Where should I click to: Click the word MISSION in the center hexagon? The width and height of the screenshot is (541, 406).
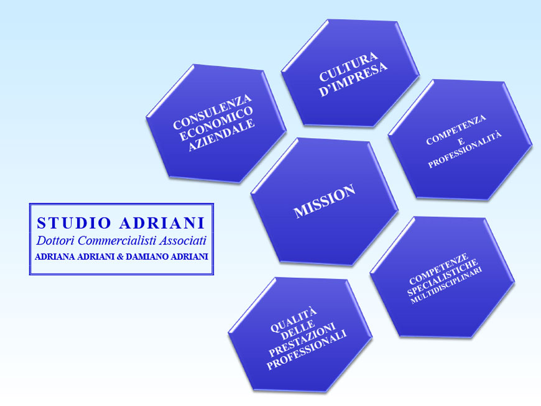point(325,201)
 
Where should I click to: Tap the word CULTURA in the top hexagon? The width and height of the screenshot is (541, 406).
point(348,67)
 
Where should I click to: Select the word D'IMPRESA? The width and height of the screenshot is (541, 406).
point(353,80)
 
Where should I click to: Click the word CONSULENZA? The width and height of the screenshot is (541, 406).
point(212,111)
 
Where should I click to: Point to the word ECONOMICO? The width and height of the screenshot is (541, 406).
point(216,123)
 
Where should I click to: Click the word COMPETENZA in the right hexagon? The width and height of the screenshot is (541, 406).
point(456,129)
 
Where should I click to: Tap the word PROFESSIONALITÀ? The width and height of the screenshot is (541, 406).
point(465,149)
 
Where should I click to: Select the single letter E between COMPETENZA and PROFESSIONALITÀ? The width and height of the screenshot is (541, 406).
point(461,141)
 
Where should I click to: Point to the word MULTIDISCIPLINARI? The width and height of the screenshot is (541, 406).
point(446,285)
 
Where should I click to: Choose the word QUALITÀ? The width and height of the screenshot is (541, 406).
point(294,320)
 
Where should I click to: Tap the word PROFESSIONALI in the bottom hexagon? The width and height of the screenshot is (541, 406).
point(307,350)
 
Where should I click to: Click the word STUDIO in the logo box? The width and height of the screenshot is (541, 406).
point(74,223)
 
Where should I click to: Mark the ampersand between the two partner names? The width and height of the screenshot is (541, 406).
point(121,257)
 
